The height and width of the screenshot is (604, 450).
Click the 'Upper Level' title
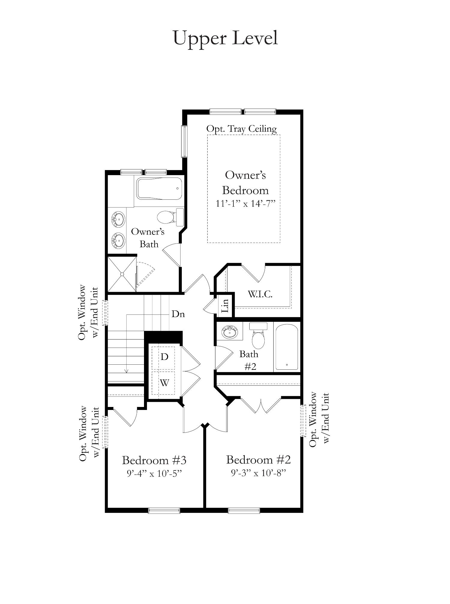pyautogui.click(x=226, y=38)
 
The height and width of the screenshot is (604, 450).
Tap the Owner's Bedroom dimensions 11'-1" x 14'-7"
pyautogui.click(x=245, y=204)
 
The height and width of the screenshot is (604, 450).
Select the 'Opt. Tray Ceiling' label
pyautogui.click(x=241, y=129)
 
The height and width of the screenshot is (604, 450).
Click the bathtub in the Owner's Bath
pyautogui.click(x=160, y=188)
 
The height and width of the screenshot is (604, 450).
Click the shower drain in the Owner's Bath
pyautogui.click(x=122, y=274)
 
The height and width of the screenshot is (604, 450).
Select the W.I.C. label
pyautogui.click(x=260, y=294)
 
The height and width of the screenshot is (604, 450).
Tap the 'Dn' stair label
pyautogui.click(x=178, y=314)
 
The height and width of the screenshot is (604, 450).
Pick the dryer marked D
pyautogui.click(x=164, y=357)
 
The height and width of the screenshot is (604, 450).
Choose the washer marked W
pyautogui.click(x=164, y=383)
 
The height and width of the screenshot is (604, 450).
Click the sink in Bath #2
pyautogui.click(x=229, y=332)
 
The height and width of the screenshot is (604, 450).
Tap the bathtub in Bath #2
pyautogui.click(x=287, y=347)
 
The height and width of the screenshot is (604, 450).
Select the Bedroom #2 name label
pyautogui.click(x=258, y=459)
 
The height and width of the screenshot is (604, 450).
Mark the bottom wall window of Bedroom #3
pyautogui.click(x=164, y=511)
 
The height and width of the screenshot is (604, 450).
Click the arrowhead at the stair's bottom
pyautogui.click(x=126, y=371)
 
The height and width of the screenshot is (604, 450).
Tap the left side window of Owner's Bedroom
pyautogui.click(x=184, y=141)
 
